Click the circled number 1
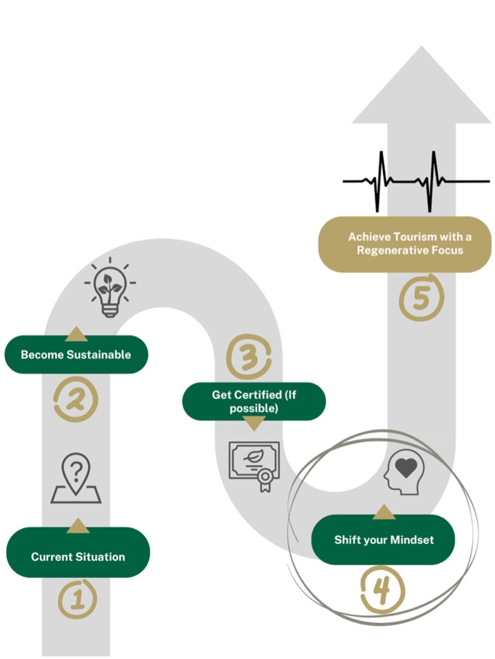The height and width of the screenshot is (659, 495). pos(77,599)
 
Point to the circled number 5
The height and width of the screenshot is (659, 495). pos(421,298)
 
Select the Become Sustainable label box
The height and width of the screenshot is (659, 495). pos(76,355)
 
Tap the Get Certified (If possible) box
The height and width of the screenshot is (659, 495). pos(254,401)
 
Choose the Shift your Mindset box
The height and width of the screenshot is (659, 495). pos(384,540)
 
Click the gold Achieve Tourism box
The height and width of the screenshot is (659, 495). pos(405,244)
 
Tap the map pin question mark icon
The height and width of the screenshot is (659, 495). pos(76,479)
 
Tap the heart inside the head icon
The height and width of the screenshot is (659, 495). pos(406,468)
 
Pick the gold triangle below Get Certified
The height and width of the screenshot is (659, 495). pos(254,424)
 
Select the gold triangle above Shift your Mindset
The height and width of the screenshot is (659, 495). pos(384,512)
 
